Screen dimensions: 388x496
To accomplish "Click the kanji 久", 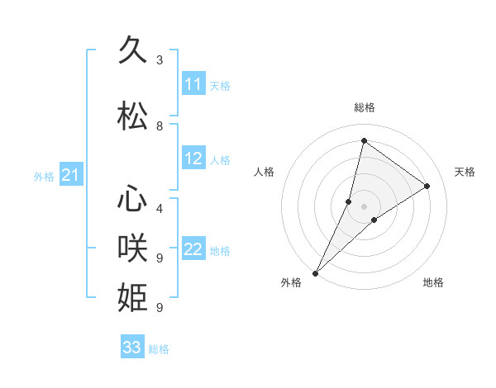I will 133,52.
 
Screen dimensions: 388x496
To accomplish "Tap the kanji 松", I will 133,116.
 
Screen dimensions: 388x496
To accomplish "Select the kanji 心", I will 133,201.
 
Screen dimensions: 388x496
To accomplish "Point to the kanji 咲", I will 133,248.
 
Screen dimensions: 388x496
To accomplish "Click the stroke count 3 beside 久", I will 160,60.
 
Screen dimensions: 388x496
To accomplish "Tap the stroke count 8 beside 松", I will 160,126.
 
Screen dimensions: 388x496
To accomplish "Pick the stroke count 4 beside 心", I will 160,209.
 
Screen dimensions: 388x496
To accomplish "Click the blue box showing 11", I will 193,84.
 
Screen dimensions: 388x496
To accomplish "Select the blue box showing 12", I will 193,159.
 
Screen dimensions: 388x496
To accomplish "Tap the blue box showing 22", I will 193,249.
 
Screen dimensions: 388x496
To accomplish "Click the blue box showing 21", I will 70,175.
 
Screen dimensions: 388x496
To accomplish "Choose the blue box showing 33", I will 132,348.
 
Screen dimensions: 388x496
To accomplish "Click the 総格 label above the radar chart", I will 364,107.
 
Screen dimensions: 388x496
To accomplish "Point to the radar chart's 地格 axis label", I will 433,282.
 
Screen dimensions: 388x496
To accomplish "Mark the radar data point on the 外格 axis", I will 315,272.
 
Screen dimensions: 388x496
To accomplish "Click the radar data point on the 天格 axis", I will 427,186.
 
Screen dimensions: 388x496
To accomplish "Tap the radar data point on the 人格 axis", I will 349,201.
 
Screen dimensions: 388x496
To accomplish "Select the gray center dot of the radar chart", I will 364,206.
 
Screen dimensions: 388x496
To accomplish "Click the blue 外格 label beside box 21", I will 44,176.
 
